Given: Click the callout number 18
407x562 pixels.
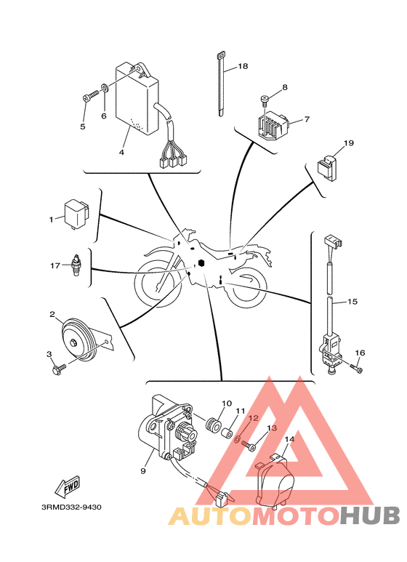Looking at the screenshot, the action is (x=243, y=66).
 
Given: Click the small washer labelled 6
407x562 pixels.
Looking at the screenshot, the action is (x=105, y=88).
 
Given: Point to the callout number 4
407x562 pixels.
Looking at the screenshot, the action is (x=121, y=153).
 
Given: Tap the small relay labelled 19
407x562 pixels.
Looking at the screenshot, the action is (x=328, y=166).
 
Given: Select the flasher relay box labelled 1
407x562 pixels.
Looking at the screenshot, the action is (x=76, y=214).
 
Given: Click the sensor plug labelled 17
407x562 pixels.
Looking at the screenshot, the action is (x=76, y=265).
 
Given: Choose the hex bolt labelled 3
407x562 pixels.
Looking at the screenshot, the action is (x=59, y=369).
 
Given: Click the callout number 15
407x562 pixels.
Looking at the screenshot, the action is (x=352, y=302).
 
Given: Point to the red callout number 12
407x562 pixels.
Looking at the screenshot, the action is (x=254, y=418).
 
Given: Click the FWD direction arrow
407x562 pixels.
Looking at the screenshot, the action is (x=67, y=486).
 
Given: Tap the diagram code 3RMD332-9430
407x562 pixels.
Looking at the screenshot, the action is (x=72, y=507).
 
